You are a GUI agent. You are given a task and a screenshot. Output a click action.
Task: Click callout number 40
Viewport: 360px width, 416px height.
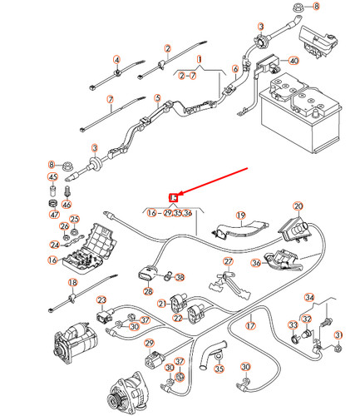click(x=293, y=61)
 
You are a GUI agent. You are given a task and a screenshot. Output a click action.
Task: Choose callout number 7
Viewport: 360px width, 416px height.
click(x=110, y=100)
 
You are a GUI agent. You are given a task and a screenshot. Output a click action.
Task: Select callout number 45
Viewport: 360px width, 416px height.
click(x=52, y=176)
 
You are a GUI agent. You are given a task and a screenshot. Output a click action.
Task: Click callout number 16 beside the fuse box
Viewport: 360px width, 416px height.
click(x=52, y=260)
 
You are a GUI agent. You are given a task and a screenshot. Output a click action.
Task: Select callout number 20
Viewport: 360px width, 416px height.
click(x=298, y=206)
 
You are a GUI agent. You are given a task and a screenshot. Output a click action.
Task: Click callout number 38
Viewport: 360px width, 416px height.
click(x=180, y=278)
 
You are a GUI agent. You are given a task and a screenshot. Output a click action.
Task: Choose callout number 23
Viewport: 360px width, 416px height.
click(x=101, y=300)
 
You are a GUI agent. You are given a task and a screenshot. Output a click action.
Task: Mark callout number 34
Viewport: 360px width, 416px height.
click(x=309, y=297)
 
